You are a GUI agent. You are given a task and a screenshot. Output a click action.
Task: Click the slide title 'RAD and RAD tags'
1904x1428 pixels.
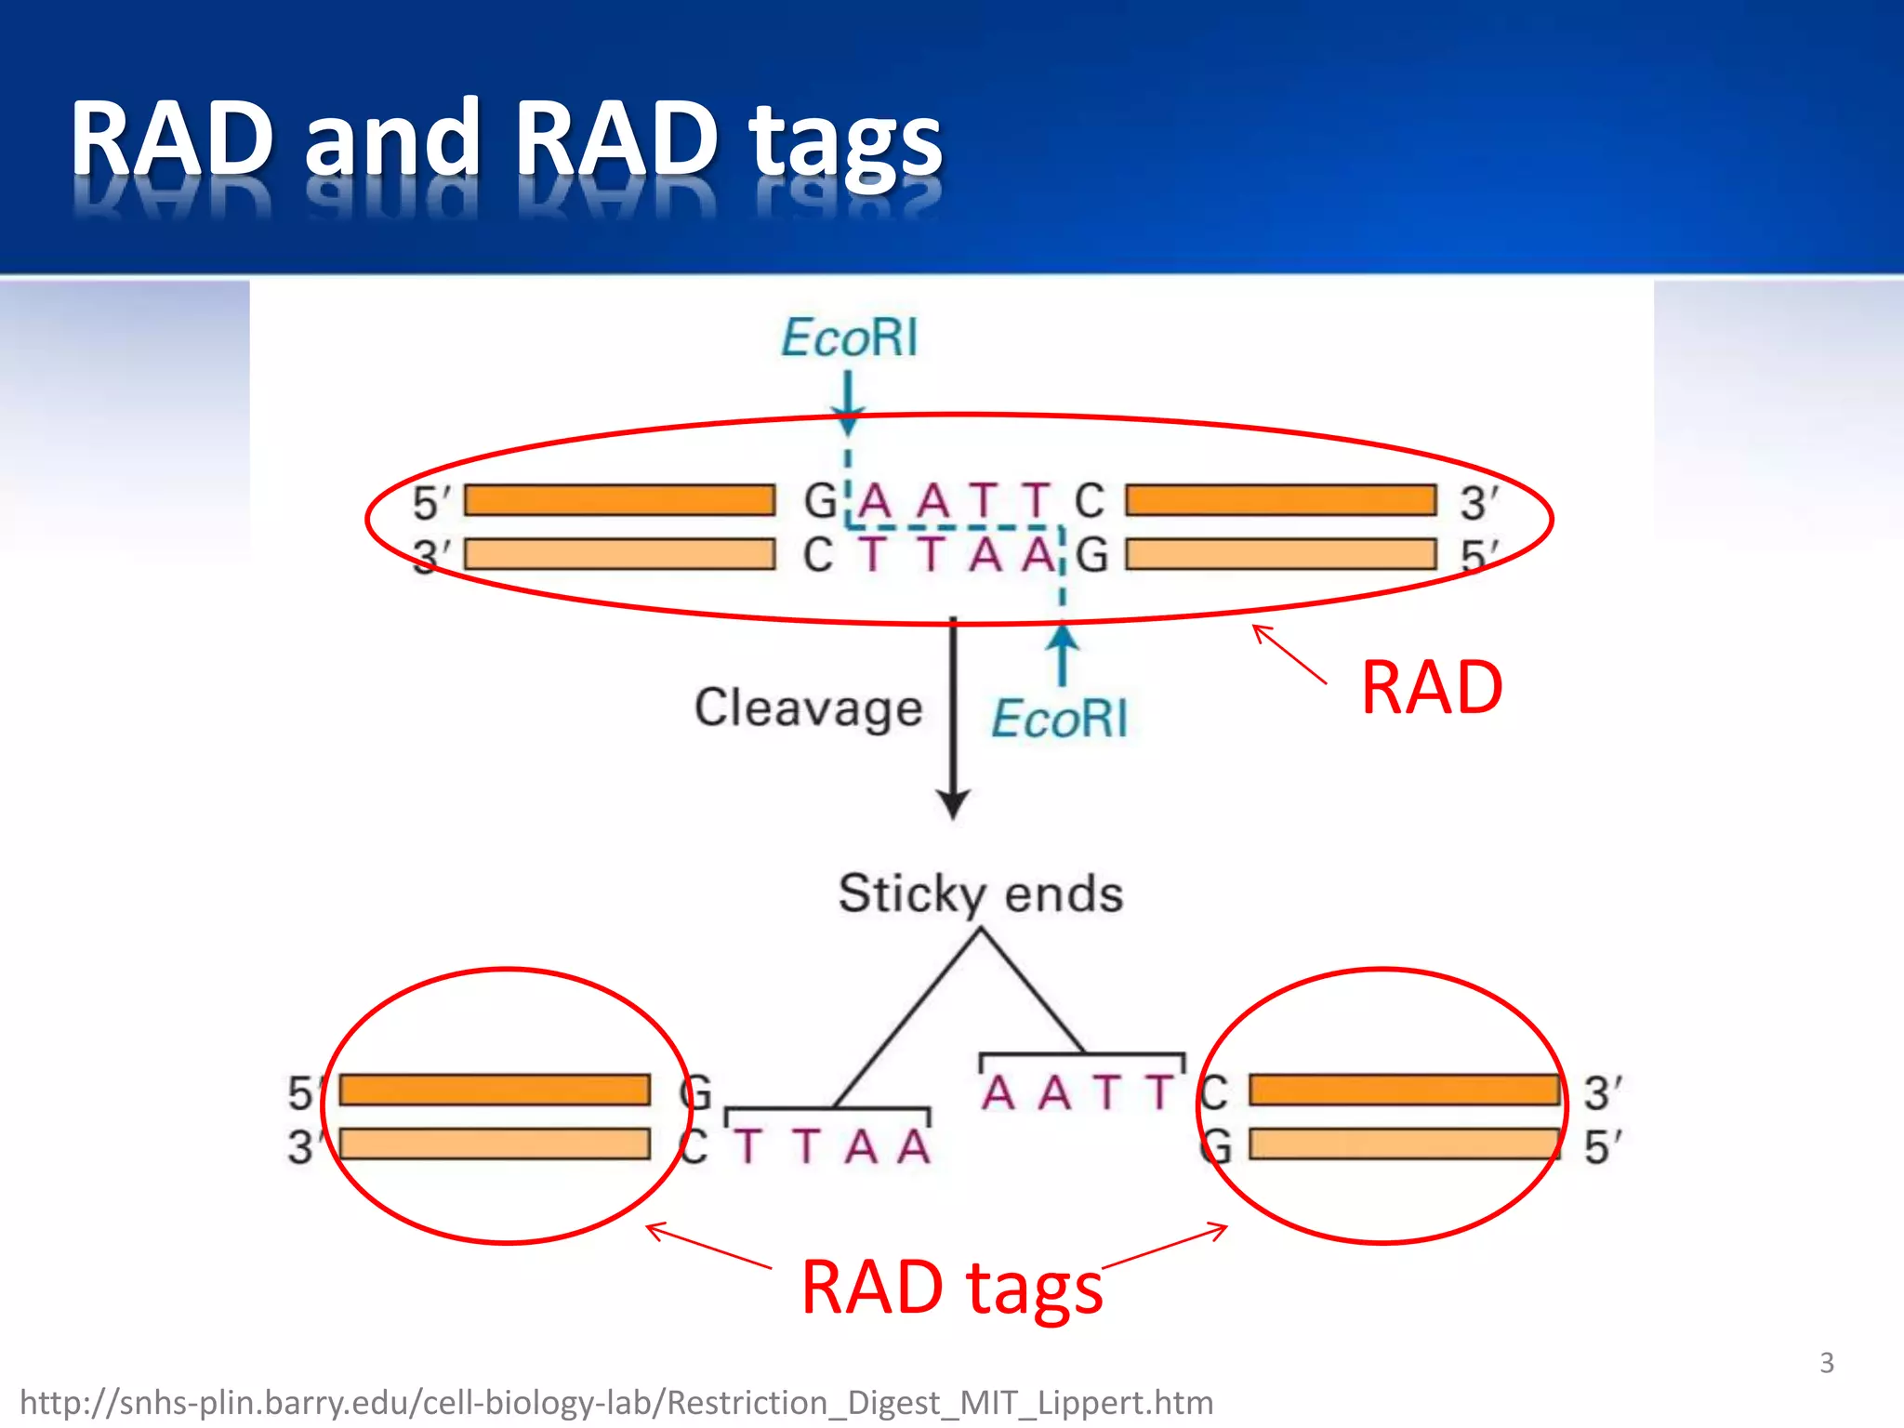click(x=507, y=139)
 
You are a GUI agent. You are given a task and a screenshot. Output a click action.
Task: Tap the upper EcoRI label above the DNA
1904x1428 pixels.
click(x=849, y=337)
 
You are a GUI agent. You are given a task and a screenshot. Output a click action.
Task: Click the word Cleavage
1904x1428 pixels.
click(x=808, y=708)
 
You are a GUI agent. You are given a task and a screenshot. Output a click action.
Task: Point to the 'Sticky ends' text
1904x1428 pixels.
click(x=981, y=893)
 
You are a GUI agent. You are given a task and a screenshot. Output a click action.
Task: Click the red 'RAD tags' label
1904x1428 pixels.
click(x=951, y=1288)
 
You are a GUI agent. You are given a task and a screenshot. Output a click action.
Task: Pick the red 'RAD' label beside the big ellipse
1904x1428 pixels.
click(x=1431, y=688)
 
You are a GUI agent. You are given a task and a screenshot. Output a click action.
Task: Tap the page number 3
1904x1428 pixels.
click(x=1826, y=1363)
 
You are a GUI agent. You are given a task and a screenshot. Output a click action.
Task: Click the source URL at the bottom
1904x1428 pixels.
click(x=616, y=1402)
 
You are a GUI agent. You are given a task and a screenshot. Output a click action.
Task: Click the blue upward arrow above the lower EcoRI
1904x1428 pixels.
click(x=1063, y=651)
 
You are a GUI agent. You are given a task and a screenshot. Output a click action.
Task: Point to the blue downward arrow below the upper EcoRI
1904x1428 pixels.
click(x=847, y=400)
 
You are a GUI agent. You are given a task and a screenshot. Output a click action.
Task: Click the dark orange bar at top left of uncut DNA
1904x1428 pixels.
click(x=619, y=500)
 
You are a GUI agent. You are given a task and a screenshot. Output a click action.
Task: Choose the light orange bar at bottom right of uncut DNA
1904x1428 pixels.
click(x=1280, y=555)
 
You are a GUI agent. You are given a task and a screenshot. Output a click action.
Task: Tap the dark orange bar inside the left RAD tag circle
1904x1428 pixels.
click(x=495, y=1090)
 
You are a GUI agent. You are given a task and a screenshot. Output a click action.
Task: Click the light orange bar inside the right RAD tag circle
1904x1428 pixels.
click(x=1404, y=1144)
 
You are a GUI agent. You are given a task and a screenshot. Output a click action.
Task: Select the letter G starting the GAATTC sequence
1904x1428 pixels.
click(x=820, y=502)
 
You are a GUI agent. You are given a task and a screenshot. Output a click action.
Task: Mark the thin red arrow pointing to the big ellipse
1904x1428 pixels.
click(x=1289, y=654)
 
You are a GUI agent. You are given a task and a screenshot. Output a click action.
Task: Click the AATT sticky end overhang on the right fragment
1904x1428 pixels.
click(x=1078, y=1092)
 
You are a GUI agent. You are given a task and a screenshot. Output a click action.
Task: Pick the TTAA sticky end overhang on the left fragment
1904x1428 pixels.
click(x=833, y=1146)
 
